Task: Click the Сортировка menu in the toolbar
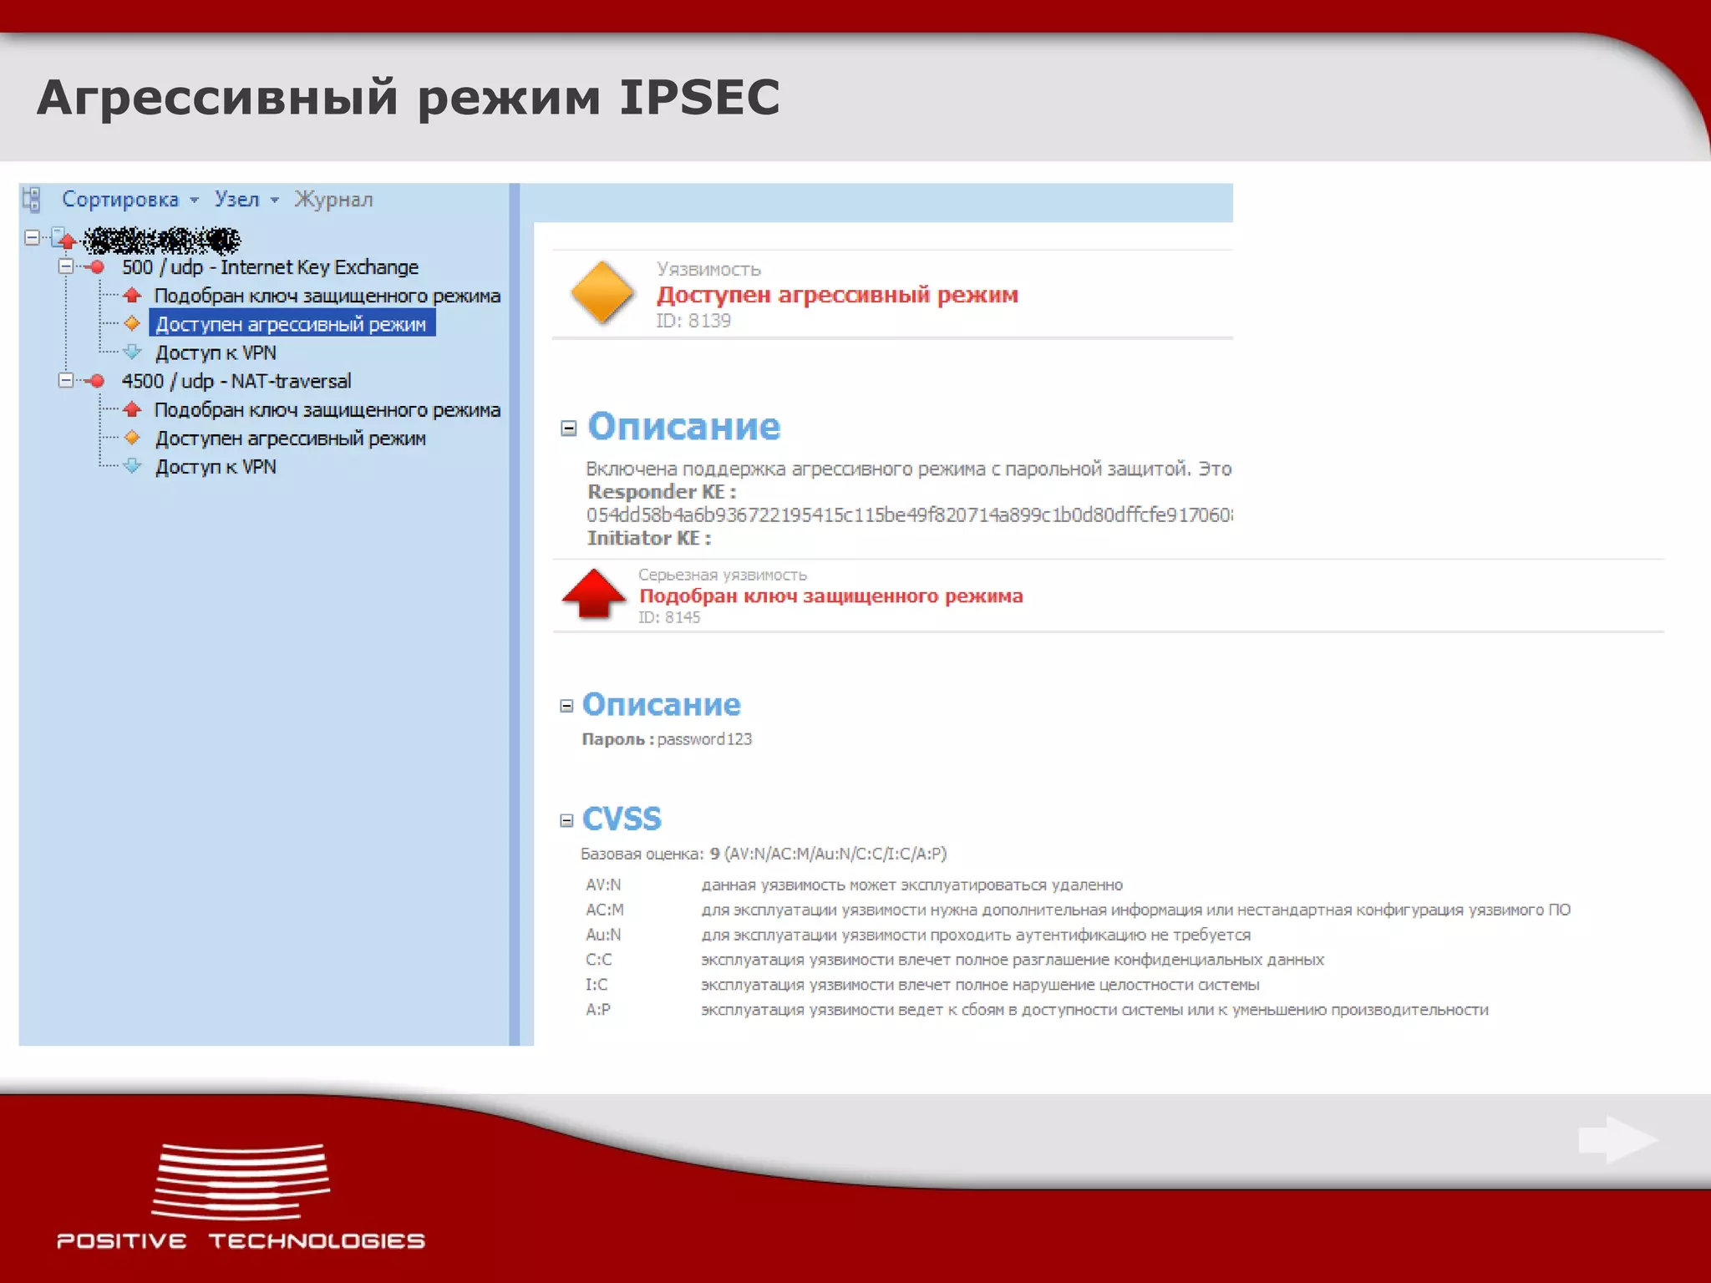(x=120, y=200)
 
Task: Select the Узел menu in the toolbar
(x=237, y=200)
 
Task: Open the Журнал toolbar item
(x=333, y=200)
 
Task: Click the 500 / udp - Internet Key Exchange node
(x=270, y=267)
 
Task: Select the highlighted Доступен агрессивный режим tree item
(x=291, y=324)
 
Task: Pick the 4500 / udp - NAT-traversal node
(x=236, y=381)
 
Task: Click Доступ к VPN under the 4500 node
(x=216, y=467)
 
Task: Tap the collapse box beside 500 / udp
(x=66, y=266)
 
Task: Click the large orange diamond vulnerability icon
(x=602, y=292)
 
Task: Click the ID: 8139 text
(x=693, y=321)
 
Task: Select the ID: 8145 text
(x=669, y=617)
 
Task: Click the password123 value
(x=704, y=739)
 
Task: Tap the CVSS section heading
(x=622, y=819)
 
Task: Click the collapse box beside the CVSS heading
(x=566, y=820)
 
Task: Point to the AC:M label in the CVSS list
(x=605, y=910)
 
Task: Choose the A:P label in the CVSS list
(x=598, y=1010)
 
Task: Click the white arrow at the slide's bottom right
(x=1617, y=1139)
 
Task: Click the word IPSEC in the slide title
(x=699, y=97)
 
